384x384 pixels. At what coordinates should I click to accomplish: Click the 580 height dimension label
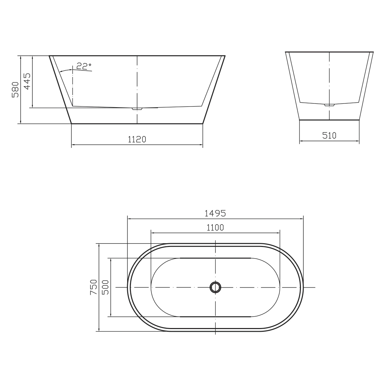coord(15,90)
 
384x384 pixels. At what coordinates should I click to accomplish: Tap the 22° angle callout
coord(83,66)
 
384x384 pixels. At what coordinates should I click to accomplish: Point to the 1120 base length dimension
coord(137,139)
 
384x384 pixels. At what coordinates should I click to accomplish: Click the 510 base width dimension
coord(329,136)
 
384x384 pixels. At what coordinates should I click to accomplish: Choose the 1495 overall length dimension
coord(215,213)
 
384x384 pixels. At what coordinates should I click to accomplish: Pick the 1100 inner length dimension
coord(215,228)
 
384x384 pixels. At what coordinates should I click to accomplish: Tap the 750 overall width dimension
coord(94,287)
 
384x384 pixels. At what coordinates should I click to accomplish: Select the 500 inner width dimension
coord(105,287)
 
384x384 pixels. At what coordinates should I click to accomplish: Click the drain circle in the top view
coord(215,287)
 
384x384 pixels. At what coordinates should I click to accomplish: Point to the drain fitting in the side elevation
coord(137,109)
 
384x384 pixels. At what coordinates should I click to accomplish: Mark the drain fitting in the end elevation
coord(329,105)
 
